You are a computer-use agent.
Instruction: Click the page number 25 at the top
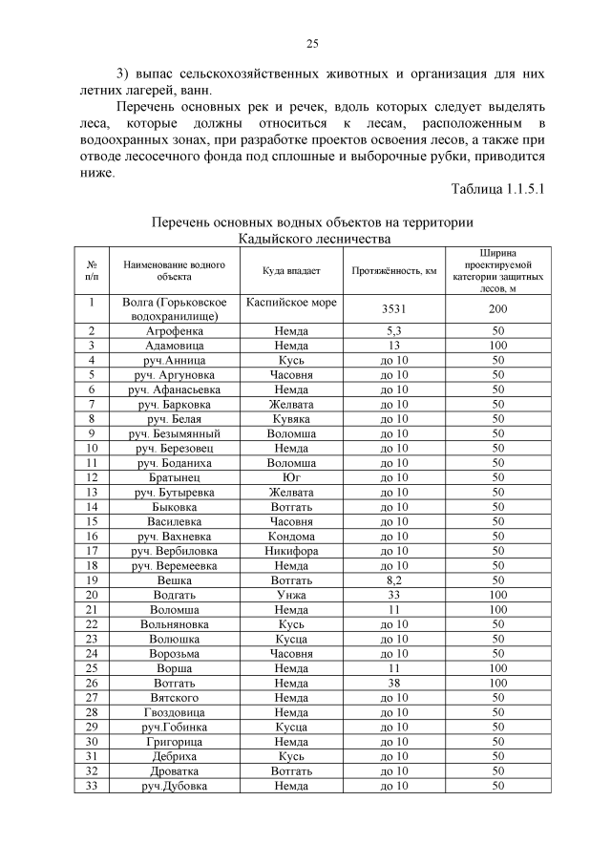311,43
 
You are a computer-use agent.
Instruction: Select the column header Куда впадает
291,271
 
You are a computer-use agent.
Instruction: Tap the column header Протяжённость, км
394,271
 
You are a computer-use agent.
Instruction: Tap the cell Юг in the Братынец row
291,476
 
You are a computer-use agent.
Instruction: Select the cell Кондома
291,536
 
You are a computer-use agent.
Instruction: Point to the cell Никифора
291,551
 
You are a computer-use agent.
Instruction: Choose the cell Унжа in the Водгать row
291,595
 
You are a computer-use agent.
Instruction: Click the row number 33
92,786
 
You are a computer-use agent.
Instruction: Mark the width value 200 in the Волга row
497,309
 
